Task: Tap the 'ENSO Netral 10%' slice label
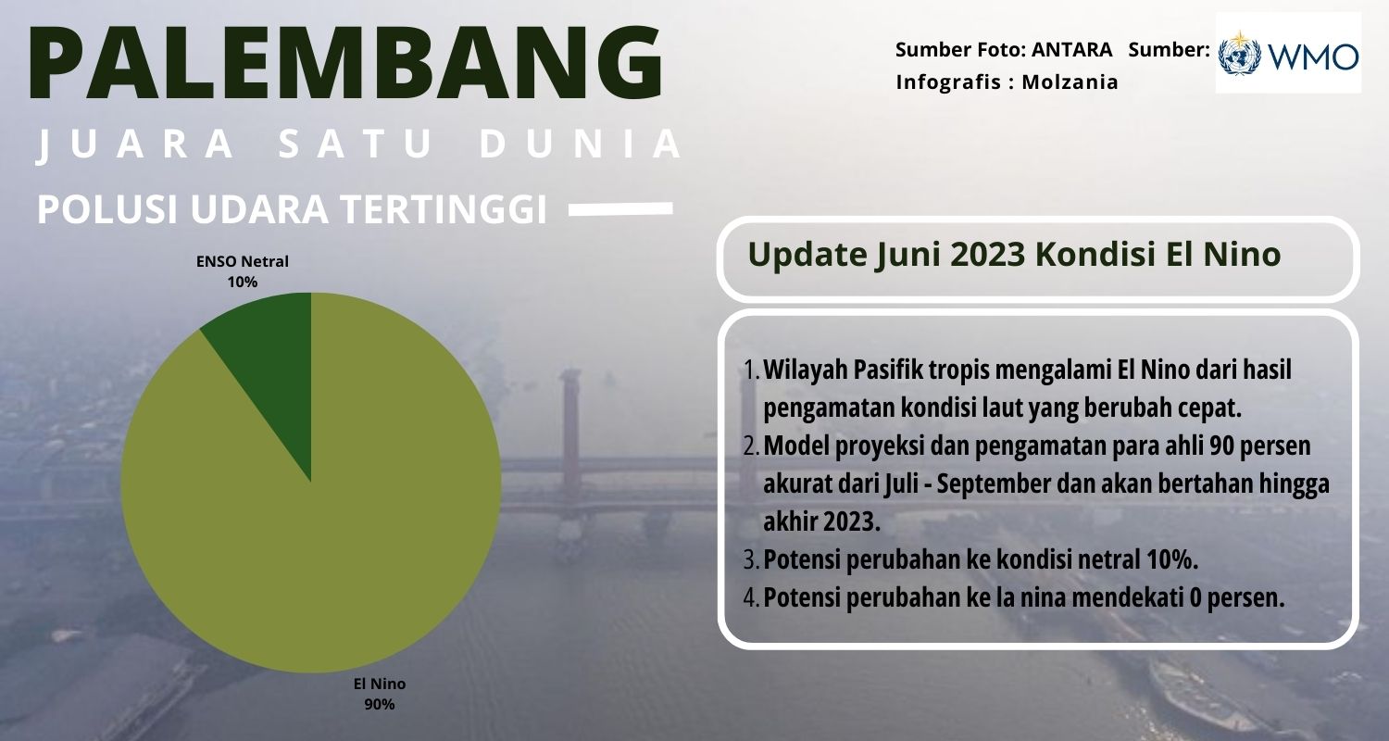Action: coord(243,271)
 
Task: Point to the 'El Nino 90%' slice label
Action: coord(380,694)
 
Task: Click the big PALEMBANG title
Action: coord(346,63)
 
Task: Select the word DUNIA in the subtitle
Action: coord(582,144)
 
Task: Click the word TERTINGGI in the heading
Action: coord(444,209)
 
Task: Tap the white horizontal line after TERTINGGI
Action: coord(620,209)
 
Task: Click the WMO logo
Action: coord(1289,54)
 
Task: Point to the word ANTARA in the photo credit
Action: coord(1072,50)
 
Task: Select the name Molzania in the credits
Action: coord(1070,82)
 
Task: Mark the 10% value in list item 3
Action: coord(1172,560)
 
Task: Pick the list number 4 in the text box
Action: coord(750,598)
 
